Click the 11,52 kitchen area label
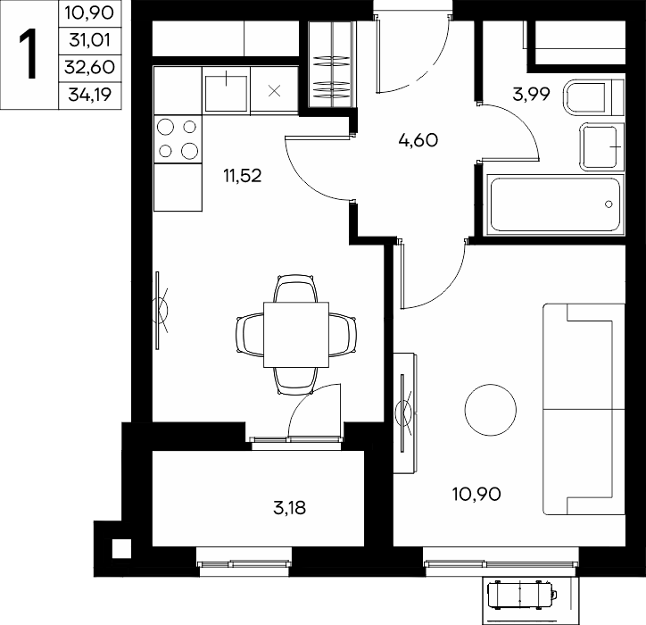coord(243,176)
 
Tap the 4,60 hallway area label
coord(418,140)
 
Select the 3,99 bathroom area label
coord(531,95)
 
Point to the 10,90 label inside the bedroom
coord(476,494)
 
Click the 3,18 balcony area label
coord(289,508)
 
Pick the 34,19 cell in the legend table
coord(90,95)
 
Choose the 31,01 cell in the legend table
coord(90,40)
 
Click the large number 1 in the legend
coord(28,54)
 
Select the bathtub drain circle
coord(609,204)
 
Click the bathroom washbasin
coord(601,146)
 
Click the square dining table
coord(296,334)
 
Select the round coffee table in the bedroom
coord(490,410)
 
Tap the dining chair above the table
coord(296,288)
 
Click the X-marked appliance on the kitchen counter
coord(275,91)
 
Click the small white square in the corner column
coord(121,549)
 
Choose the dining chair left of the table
coord(250,334)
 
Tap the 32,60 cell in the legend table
coord(90,67)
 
